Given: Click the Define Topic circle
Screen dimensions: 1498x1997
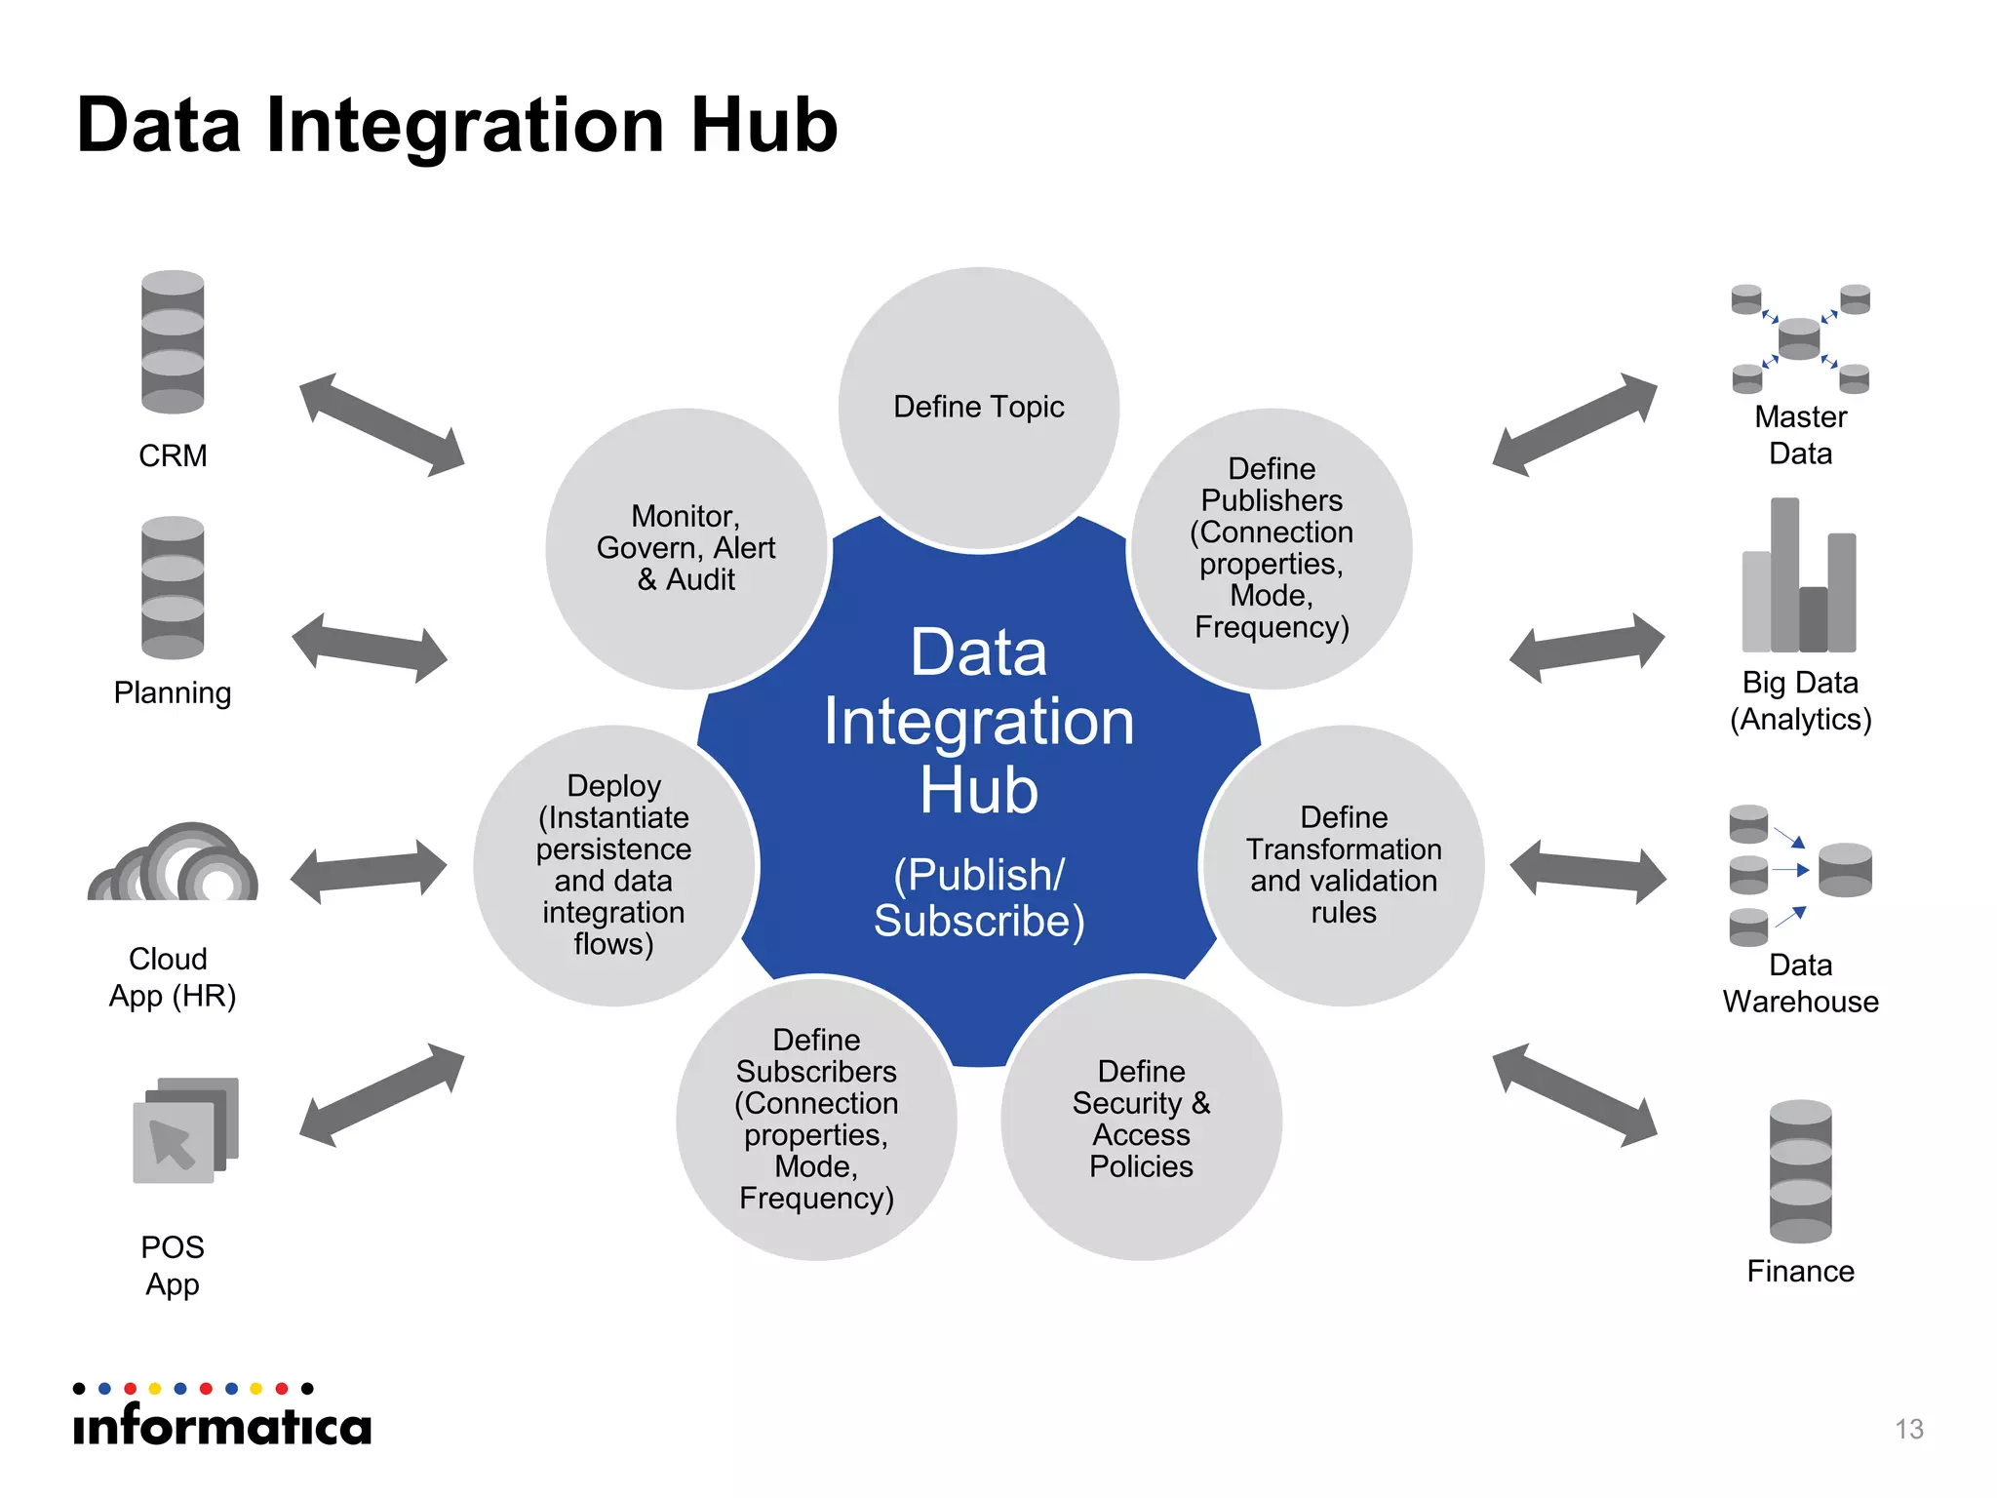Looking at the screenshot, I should pos(978,407).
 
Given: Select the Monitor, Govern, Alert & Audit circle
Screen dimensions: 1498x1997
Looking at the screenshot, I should pos(685,548).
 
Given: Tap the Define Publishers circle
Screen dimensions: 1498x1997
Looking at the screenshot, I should pos(1272,548).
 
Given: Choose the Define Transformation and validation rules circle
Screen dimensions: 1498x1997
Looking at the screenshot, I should pos(1343,865).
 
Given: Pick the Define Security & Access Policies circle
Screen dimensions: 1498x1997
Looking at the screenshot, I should pos(1141,1119).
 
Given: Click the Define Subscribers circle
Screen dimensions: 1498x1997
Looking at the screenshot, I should pos(816,1119).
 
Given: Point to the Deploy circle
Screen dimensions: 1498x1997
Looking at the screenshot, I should pos(613,865).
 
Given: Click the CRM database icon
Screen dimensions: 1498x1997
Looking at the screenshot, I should pos(173,341).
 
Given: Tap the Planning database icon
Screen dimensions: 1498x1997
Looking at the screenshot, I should pos(173,587).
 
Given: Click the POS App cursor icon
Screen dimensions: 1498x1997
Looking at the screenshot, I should pos(185,1131).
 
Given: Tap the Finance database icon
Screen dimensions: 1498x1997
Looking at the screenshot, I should pos(1800,1170).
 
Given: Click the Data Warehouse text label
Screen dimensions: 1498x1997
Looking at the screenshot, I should pos(1800,983).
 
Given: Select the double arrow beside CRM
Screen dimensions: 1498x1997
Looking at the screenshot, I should pos(381,424).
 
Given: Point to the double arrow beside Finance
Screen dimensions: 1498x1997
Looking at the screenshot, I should pos(1574,1095).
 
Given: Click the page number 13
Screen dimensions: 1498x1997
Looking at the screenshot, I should pos(1908,1429).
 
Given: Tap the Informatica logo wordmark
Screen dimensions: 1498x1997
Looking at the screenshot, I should pos(222,1426).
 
